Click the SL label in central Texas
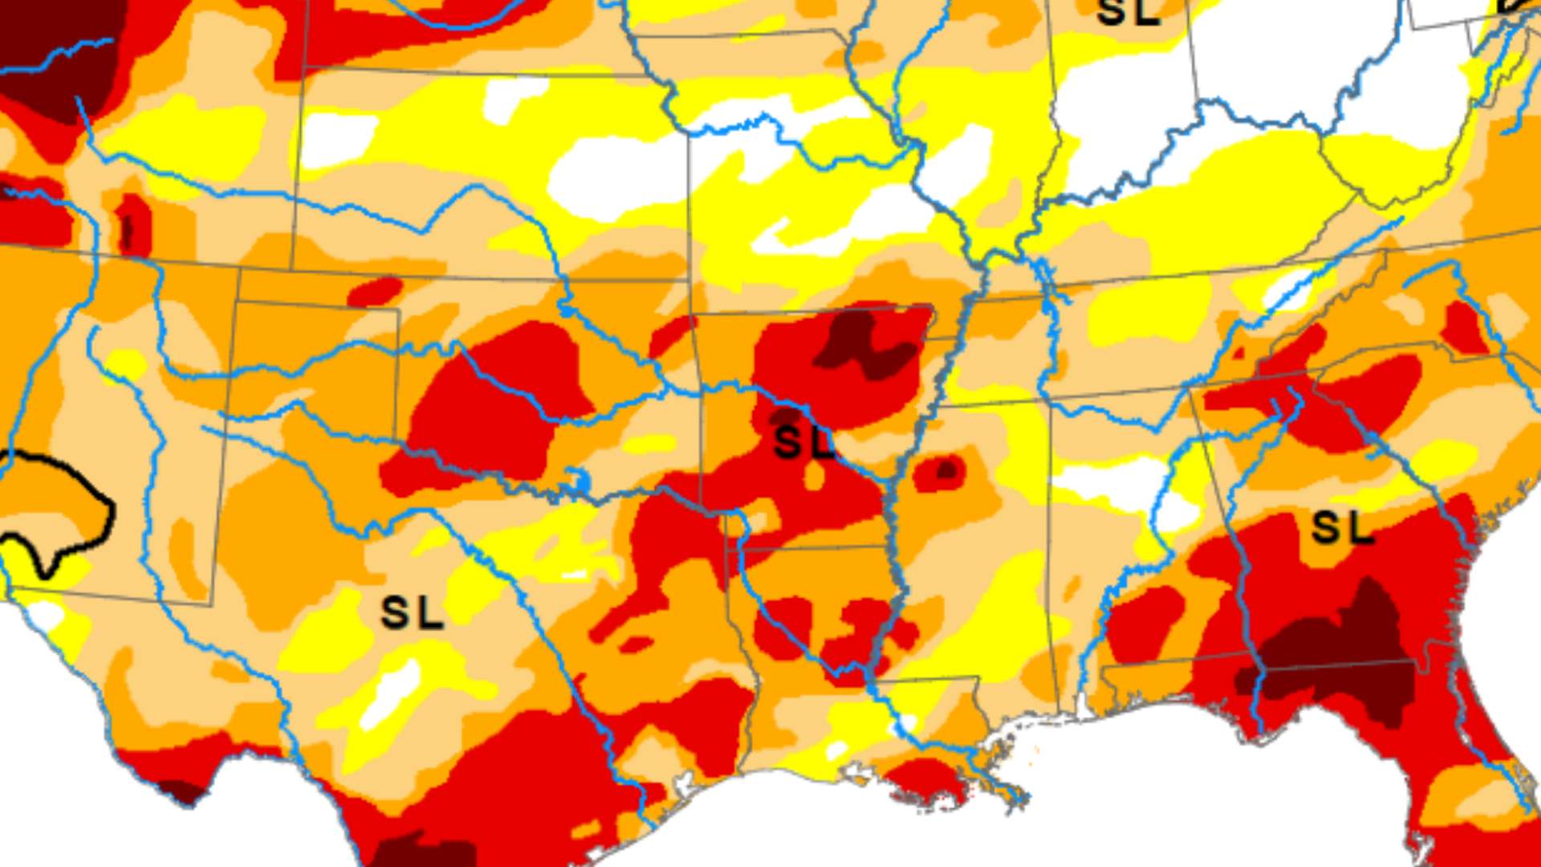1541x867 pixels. (x=412, y=613)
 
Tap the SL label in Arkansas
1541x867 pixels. (x=803, y=443)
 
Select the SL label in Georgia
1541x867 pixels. (x=1342, y=528)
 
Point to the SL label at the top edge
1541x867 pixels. (x=1128, y=12)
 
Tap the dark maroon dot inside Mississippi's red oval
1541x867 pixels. (x=948, y=470)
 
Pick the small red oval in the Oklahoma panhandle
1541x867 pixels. (x=375, y=291)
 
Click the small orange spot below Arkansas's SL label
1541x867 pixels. (x=814, y=477)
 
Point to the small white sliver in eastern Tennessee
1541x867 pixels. (x=1288, y=289)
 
